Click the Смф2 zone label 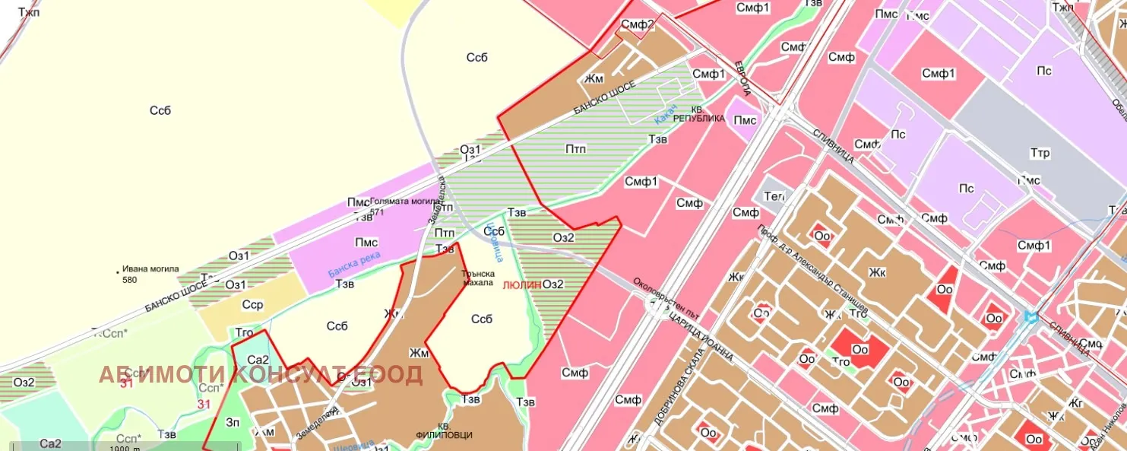point(638,24)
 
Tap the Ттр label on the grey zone point(1040,154)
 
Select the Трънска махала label point(480,278)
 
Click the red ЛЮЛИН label point(522,284)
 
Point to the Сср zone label point(252,304)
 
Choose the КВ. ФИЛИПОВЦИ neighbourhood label point(445,430)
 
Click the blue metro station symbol point(1031,317)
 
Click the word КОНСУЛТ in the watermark point(288,375)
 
